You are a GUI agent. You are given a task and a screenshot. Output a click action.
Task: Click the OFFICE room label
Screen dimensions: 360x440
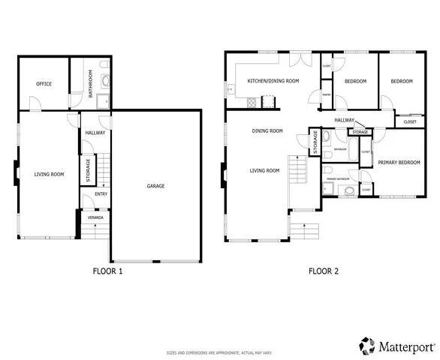tap(44, 84)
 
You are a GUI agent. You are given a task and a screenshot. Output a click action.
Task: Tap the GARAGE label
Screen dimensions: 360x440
tap(155, 186)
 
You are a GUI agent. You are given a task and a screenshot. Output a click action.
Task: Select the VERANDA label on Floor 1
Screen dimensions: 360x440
tap(95, 217)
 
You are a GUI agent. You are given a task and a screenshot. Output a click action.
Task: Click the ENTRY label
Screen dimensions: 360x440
tap(101, 194)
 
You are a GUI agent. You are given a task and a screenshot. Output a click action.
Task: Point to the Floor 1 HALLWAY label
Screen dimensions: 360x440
tap(95, 133)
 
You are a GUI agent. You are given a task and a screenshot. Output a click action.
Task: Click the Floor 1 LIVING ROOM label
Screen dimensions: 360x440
tap(49, 174)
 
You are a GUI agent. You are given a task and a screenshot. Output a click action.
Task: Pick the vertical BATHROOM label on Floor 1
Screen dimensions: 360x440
tap(91, 84)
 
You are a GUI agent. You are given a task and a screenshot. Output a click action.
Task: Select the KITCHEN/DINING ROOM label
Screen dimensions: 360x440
tap(273, 80)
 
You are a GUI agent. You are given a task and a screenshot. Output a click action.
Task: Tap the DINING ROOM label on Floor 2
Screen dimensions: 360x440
tap(267, 130)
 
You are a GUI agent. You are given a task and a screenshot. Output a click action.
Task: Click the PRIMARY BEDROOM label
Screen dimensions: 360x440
tap(399, 162)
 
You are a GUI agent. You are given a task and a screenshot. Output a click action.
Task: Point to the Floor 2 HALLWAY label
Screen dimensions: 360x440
tap(345, 120)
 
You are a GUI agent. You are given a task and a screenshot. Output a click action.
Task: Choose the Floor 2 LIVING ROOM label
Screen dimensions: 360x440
tap(264, 170)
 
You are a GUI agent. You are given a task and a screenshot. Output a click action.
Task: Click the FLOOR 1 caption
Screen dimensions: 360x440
tap(107, 271)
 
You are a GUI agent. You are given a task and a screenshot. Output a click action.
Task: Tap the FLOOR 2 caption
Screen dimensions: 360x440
tap(324, 271)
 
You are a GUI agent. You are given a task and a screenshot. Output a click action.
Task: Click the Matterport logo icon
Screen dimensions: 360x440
tap(366, 346)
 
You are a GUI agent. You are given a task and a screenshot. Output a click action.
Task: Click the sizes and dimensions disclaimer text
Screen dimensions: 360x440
tap(219, 352)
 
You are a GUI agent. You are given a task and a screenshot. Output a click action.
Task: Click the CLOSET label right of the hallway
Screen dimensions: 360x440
tap(410, 121)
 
